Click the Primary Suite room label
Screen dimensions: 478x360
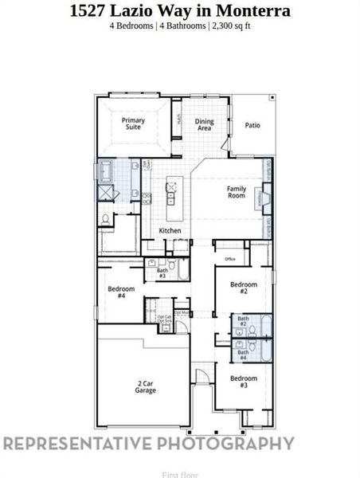click(133, 123)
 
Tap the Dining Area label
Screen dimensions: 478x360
click(204, 124)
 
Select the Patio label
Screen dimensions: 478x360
click(252, 124)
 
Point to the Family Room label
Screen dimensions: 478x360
click(236, 192)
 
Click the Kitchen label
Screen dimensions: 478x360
click(170, 231)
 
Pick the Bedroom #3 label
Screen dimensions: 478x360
click(244, 381)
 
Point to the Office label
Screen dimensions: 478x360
click(230, 259)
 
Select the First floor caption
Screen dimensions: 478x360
click(180, 474)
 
